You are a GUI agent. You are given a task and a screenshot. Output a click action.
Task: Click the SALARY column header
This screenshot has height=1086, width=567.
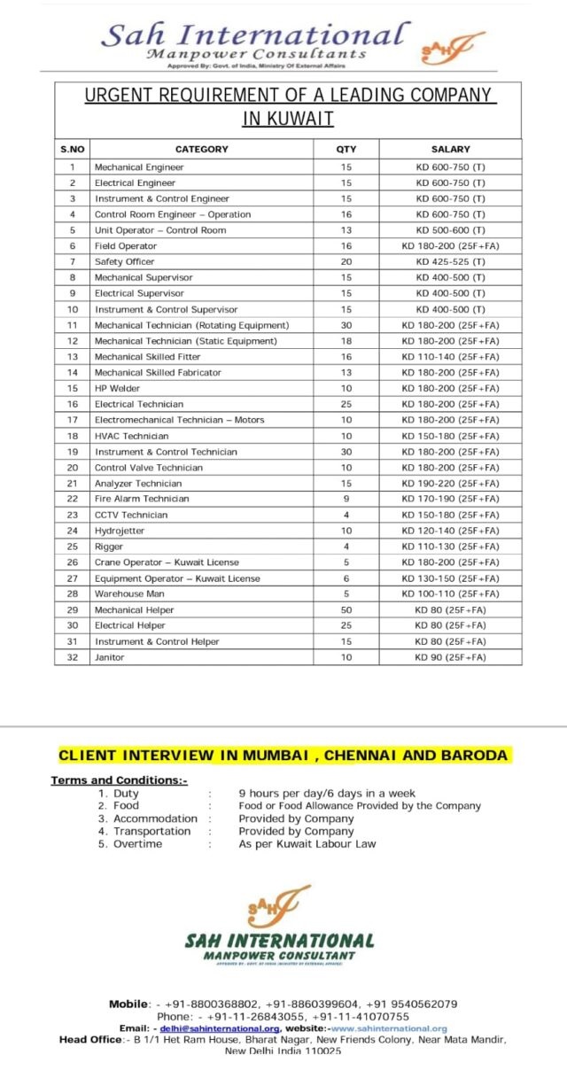(450, 150)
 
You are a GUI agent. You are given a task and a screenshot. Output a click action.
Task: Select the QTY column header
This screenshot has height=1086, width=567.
(346, 150)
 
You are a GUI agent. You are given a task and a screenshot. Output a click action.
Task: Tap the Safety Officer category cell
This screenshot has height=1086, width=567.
(124, 261)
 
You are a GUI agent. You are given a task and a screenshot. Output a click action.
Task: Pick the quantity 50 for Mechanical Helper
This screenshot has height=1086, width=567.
(346, 610)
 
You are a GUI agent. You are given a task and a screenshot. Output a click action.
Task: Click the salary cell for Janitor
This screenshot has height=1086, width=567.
(450, 657)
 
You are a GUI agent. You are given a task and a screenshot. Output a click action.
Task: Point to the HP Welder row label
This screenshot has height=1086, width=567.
(117, 388)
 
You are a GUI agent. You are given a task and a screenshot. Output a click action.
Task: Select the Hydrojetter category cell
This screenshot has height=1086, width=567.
(120, 531)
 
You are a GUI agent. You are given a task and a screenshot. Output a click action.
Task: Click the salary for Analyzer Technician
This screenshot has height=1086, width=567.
(450, 484)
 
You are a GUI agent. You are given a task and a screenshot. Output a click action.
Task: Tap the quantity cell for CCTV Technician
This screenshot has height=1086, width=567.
(346, 515)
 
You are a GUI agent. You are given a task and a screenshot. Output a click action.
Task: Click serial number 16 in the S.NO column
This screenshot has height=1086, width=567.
(73, 404)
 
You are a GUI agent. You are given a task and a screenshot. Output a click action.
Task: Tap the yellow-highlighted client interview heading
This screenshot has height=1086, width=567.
(283, 756)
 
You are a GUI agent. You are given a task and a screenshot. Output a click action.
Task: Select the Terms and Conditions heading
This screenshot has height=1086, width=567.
(119, 780)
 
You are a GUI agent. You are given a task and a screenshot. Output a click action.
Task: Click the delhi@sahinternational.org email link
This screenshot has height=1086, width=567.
(220, 1028)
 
